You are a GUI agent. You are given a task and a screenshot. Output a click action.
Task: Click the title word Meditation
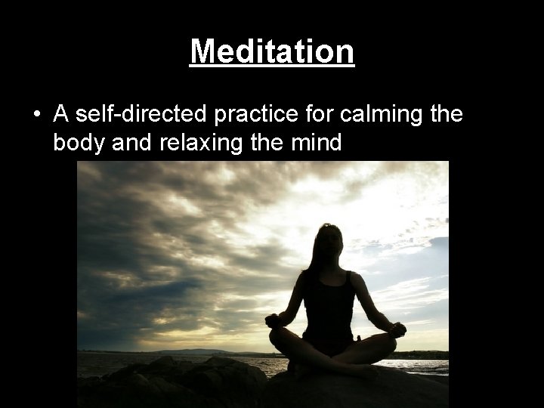(272, 52)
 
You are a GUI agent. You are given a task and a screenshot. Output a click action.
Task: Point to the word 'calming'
(367, 114)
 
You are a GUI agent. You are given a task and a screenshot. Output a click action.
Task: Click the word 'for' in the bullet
(310, 114)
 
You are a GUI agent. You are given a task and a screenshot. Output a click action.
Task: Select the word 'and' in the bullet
(134, 141)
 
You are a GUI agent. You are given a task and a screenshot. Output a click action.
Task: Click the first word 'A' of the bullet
(61, 114)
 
